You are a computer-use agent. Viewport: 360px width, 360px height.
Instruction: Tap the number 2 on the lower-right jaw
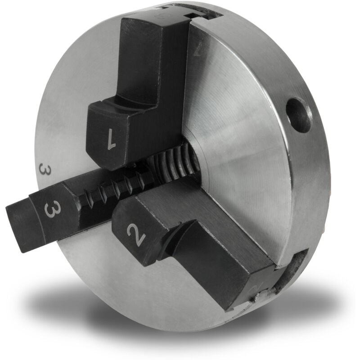point(135,234)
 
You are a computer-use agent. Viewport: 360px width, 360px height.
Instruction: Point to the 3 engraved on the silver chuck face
point(44,171)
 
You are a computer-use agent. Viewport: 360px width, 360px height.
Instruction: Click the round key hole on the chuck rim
point(298,115)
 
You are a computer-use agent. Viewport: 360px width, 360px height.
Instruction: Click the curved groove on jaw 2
point(178,238)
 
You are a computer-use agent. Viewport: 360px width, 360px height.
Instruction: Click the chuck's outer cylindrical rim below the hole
point(310,180)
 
